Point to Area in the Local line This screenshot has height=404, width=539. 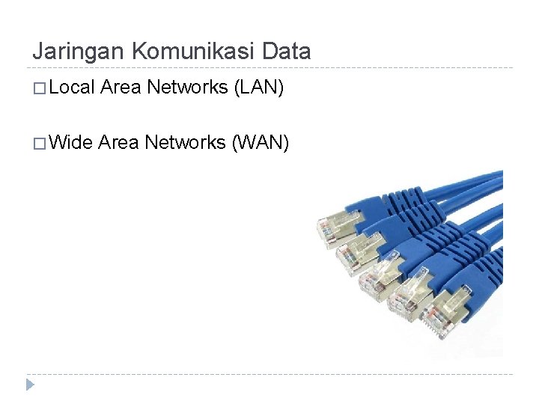pos(121,88)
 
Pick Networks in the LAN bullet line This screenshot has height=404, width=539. pos(187,88)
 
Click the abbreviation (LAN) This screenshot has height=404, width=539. pos(259,88)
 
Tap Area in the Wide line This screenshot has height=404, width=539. pos(118,141)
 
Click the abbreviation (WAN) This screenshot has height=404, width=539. pos(260,141)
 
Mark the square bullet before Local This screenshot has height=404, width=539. pos(40,89)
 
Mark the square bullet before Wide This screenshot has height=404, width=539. pos(40,143)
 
